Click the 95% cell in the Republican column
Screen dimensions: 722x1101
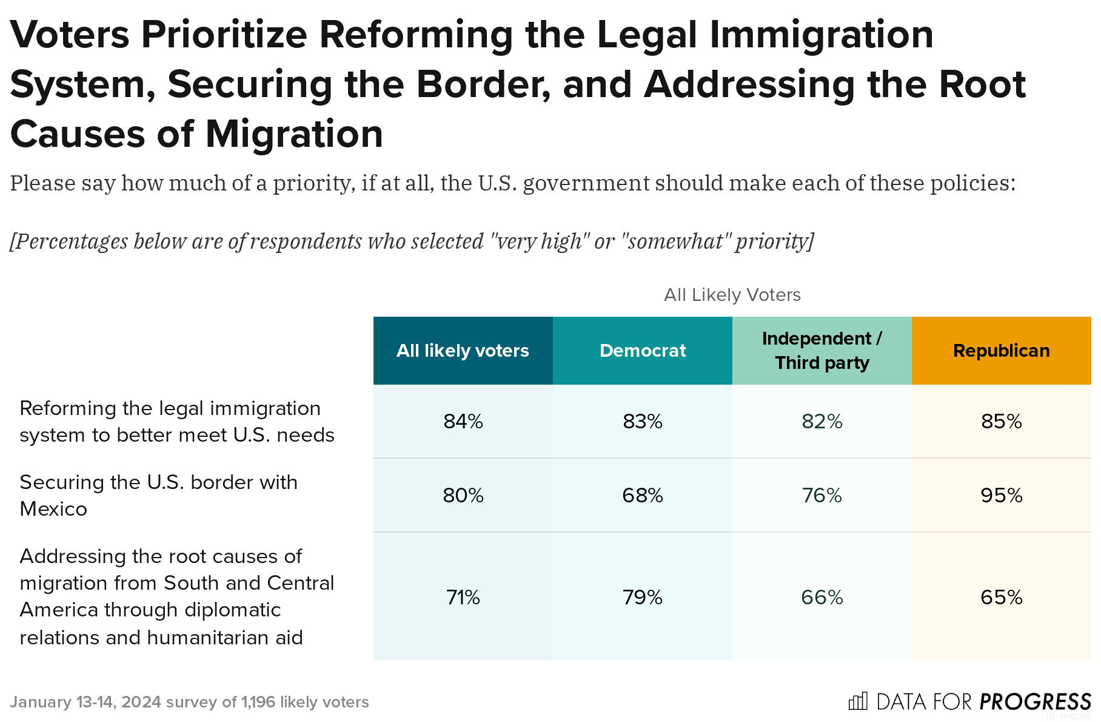(x=1001, y=496)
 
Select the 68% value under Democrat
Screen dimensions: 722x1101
(x=642, y=496)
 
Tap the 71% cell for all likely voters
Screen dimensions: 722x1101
(x=463, y=598)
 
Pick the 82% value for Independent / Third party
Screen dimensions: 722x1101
(x=822, y=422)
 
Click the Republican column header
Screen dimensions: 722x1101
(x=1001, y=351)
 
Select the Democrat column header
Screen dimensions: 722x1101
(x=642, y=351)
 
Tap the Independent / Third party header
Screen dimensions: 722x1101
(x=822, y=351)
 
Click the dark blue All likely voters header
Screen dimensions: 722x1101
(x=463, y=351)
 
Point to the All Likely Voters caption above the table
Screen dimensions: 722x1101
(x=732, y=295)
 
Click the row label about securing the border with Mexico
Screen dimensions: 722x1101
(x=159, y=495)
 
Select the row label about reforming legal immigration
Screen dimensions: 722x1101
(x=176, y=422)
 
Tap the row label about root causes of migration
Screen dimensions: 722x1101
(x=176, y=596)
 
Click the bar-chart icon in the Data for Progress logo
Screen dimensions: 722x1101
(x=858, y=701)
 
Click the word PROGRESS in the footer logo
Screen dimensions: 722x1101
(x=1035, y=702)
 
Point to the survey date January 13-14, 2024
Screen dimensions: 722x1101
(x=85, y=702)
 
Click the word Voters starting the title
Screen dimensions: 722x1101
(x=70, y=35)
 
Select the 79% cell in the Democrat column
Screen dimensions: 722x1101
(x=642, y=598)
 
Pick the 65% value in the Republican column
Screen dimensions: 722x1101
(x=1001, y=598)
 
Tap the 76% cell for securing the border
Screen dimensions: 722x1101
(x=822, y=496)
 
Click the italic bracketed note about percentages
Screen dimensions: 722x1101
(x=412, y=241)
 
